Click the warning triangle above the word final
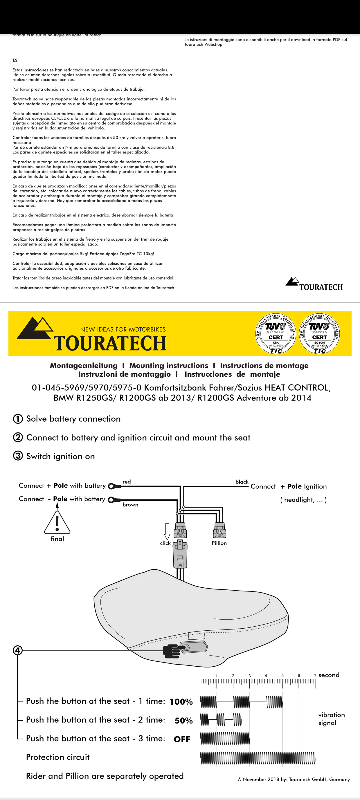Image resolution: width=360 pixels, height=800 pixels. [x=57, y=522]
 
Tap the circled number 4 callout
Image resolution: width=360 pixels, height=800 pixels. [x=17, y=650]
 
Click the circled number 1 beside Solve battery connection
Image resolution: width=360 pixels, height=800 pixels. [x=18, y=419]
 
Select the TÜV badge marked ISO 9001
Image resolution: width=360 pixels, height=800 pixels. [x=319, y=334]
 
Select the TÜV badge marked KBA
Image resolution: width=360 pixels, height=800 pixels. [x=276, y=334]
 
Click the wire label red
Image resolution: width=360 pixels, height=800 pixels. [x=127, y=482]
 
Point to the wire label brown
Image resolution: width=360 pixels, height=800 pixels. [x=130, y=505]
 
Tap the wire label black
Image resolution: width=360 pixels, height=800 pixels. [x=242, y=482]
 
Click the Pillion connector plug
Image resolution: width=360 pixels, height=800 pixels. [x=220, y=530]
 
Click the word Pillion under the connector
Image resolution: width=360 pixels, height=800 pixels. [x=219, y=543]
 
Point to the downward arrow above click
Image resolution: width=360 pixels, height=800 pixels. [x=167, y=531]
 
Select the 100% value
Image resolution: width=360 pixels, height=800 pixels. [x=181, y=702]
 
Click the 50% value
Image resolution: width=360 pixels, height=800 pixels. [x=184, y=721]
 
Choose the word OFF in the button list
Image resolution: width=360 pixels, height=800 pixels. [x=182, y=739]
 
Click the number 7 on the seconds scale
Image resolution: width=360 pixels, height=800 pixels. [x=315, y=675]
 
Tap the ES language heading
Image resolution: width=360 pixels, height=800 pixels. [x=15, y=60]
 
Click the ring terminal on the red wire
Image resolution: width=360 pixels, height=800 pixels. [x=114, y=486]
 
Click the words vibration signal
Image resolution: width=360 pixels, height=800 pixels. [x=331, y=719]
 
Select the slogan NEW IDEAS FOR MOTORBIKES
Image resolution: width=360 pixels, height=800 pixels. [x=123, y=329]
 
